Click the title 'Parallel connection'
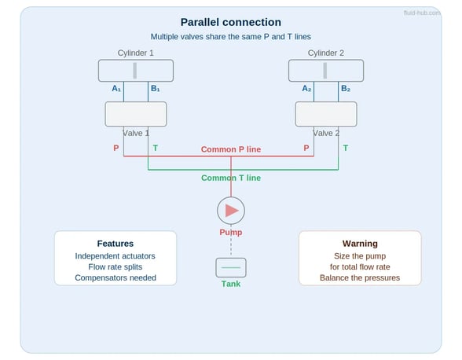(x=231, y=23)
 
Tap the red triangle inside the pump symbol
(x=232, y=211)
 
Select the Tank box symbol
(x=231, y=268)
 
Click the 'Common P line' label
(x=231, y=149)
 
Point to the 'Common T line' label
(x=231, y=178)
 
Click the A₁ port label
(x=116, y=88)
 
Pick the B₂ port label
(x=346, y=88)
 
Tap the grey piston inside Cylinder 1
(x=135, y=71)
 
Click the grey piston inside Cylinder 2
(x=325, y=71)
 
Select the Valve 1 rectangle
(x=136, y=114)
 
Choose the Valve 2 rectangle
(x=326, y=114)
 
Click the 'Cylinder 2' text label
(x=326, y=53)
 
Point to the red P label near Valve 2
(x=306, y=148)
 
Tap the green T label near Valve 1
(x=156, y=148)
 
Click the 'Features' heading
(x=115, y=244)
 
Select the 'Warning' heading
(x=360, y=244)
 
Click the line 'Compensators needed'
(x=115, y=277)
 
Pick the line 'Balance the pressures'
(x=360, y=277)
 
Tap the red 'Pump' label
(x=231, y=233)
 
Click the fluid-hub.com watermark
(x=422, y=13)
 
